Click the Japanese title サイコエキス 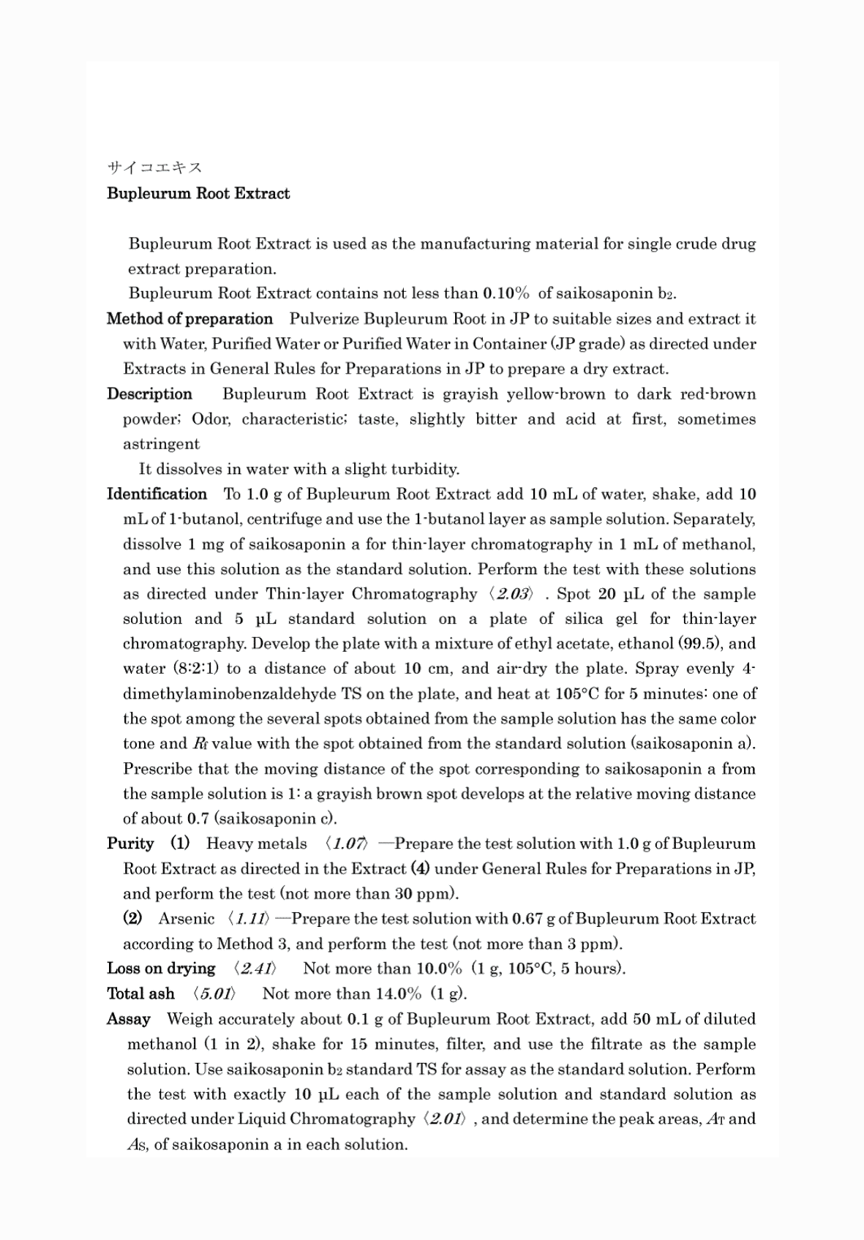(x=154, y=168)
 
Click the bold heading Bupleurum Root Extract (x=198, y=194)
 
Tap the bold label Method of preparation (x=189, y=319)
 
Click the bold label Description (x=149, y=394)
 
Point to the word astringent (x=161, y=444)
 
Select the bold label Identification (x=157, y=494)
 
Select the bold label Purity (x=130, y=843)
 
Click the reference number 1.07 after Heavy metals (x=348, y=843)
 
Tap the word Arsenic (x=187, y=919)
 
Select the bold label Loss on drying (x=161, y=969)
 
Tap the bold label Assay (x=129, y=1019)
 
